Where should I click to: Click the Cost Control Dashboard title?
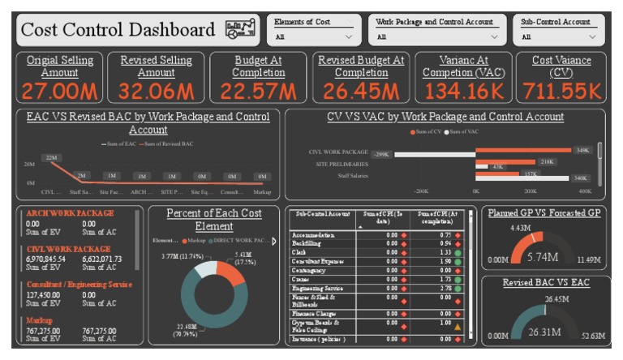pos(117,30)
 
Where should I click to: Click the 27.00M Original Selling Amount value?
pos(60,90)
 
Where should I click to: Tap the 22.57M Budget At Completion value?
pos(258,90)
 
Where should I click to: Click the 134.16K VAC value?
pos(463,90)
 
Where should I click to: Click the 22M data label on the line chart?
pos(53,157)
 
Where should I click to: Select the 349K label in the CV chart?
pos(582,150)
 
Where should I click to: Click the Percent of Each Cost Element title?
pos(215,220)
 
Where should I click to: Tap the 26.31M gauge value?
pos(545,331)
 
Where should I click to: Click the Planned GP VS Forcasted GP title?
pos(543,212)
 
